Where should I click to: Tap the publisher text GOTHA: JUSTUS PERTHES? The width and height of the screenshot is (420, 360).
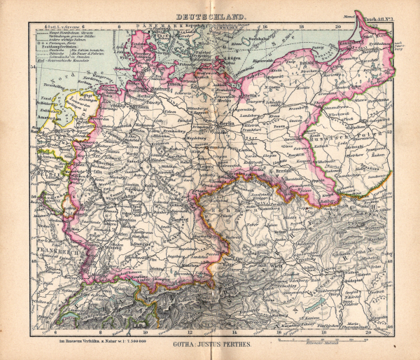209,345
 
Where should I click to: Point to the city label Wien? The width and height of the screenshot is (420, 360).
278,265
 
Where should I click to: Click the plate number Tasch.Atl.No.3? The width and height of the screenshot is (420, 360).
380,22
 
